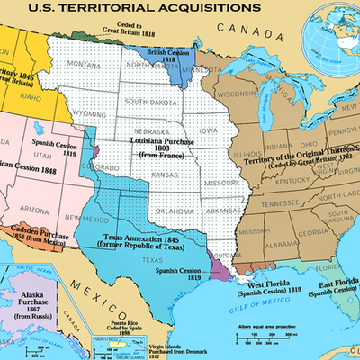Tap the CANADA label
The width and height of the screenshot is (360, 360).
(x=248, y=35)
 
